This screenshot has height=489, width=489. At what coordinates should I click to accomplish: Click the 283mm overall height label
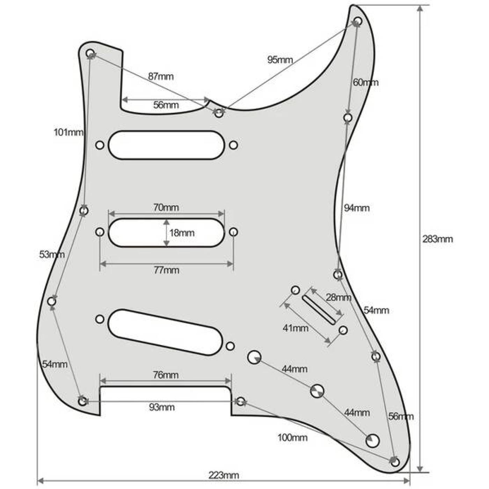pos(438,239)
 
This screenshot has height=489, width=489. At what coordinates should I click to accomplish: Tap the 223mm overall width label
pos(224,475)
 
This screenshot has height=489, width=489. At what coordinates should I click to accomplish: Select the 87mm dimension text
pos(161,76)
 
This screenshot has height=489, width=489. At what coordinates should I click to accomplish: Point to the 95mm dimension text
pos(280,60)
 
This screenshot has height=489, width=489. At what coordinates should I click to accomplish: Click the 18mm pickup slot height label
pos(182,233)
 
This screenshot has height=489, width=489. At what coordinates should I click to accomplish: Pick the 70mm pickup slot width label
pos(166,207)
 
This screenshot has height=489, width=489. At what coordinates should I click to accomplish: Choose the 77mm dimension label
pos(167,270)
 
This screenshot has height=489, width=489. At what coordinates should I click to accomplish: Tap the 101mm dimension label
pos(68,132)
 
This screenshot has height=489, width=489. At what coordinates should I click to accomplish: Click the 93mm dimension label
pos(162,407)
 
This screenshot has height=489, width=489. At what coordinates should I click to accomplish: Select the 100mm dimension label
pos(293,438)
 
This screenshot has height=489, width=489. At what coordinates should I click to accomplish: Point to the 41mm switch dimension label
pos(295,328)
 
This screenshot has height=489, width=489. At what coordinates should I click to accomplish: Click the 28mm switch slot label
pos(338,297)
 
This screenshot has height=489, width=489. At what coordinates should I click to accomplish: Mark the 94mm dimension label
pos(357,208)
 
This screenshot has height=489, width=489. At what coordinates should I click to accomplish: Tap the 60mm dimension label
pos(366,82)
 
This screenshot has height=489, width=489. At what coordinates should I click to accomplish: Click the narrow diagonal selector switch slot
pos(320,309)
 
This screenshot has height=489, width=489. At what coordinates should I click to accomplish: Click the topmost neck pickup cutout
pos(167,145)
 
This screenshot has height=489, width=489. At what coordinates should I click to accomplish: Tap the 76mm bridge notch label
pos(166,375)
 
